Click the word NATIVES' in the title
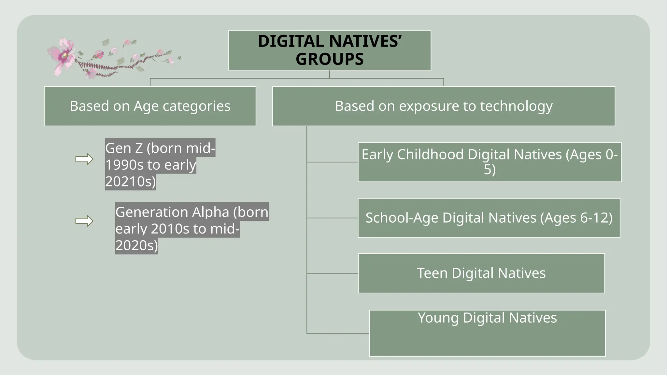(365, 41)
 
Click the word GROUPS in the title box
(330, 59)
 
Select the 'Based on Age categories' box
(150, 106)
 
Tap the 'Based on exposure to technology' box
(444, 106)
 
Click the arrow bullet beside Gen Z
(84, 159)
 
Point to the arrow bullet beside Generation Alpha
(84, 221)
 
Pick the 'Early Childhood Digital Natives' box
(489, 162)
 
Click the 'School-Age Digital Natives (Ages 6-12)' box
(489, 218)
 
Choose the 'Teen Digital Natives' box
(481, 273)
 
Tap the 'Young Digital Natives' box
(487, 333)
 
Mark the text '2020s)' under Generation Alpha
(136, 245)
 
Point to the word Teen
(432, 273)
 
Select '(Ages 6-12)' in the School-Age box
(576, 218)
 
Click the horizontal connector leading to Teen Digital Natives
(332, 273)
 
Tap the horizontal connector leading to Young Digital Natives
(338, 333)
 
